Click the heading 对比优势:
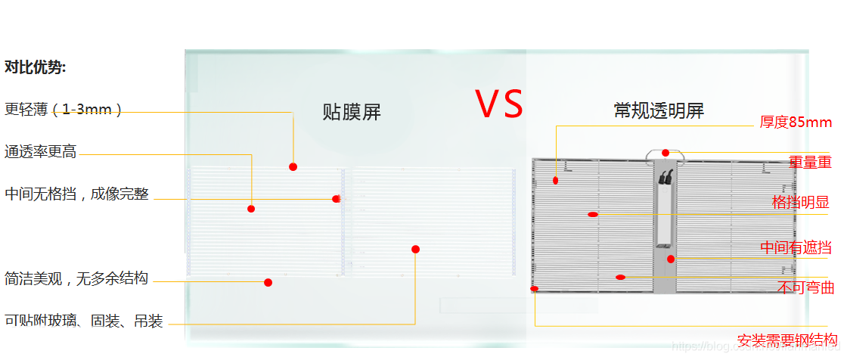tap(36, 67)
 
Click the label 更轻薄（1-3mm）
tap(64, 110)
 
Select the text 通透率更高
tap(40, 152)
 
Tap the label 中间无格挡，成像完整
tap(76, 194)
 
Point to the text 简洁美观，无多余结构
tap(76, 278)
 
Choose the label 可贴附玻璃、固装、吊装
tap(83, 321)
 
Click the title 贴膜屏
tap(352, 113)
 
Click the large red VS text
tap(499, 104)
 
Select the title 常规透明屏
tap(659, 111)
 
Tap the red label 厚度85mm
tap(796, 123)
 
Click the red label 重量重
tap(810, 162)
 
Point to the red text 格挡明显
tap(802, 202)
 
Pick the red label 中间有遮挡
tap(796, 247)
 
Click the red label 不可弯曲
tap(805, 287)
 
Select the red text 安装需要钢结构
tap(787, 340)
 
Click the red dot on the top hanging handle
tap(665, 153)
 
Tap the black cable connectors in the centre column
tap(666, 178)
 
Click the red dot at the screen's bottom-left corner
tap(535, 289)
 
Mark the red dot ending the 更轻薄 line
tap(293, 166)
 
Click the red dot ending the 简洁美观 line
tap(268, 283)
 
